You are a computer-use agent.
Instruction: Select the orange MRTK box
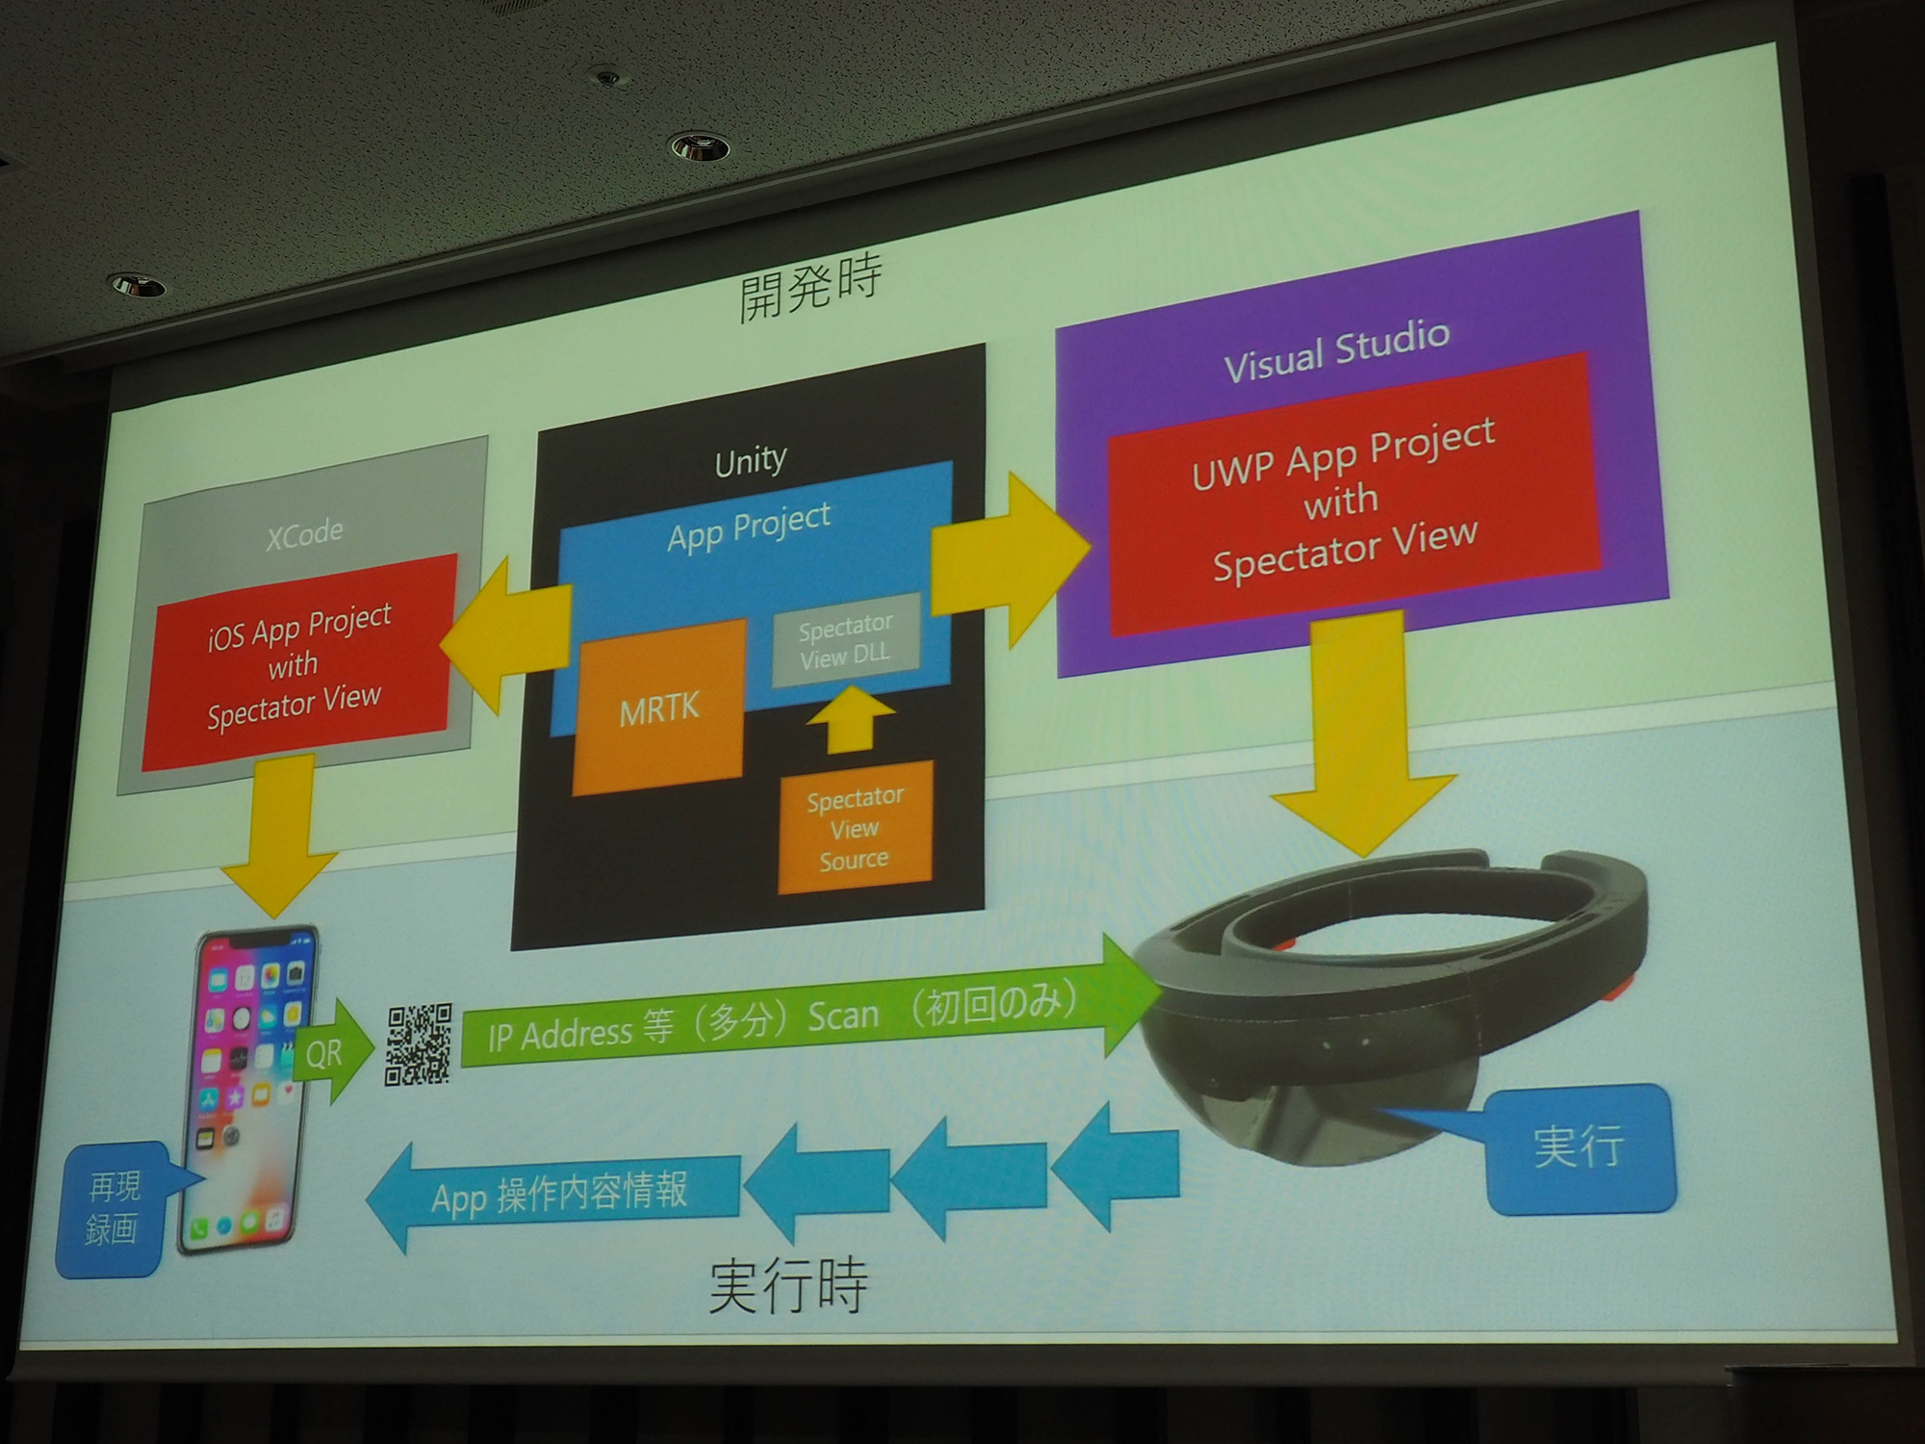coord(659,708)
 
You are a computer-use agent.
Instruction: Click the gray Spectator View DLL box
coord(846,640)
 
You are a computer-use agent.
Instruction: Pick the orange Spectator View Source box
coord(855,828)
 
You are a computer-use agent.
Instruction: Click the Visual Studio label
coord(1337,349)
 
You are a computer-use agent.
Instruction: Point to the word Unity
coord(751,461)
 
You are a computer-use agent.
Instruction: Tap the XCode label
coord(304,533)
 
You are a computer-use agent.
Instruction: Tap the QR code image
coord(419,1044)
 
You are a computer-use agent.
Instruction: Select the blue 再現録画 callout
coord(109,1209)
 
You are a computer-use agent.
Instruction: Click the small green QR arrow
coord(332,1051)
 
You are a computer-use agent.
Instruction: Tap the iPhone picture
coord(248,1093)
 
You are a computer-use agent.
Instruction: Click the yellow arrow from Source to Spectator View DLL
coord(846,718)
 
